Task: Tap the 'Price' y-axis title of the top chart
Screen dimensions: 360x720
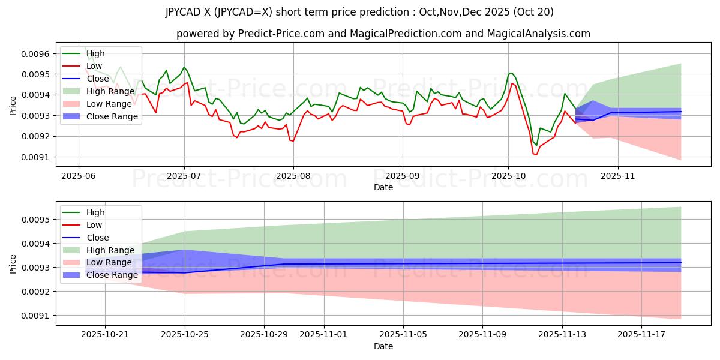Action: coord(13,105)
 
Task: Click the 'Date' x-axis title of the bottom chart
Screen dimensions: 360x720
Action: coord(383,346)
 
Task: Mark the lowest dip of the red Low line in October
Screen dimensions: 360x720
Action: coord(536,155)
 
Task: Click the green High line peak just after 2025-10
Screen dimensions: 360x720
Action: coord(511,73)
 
